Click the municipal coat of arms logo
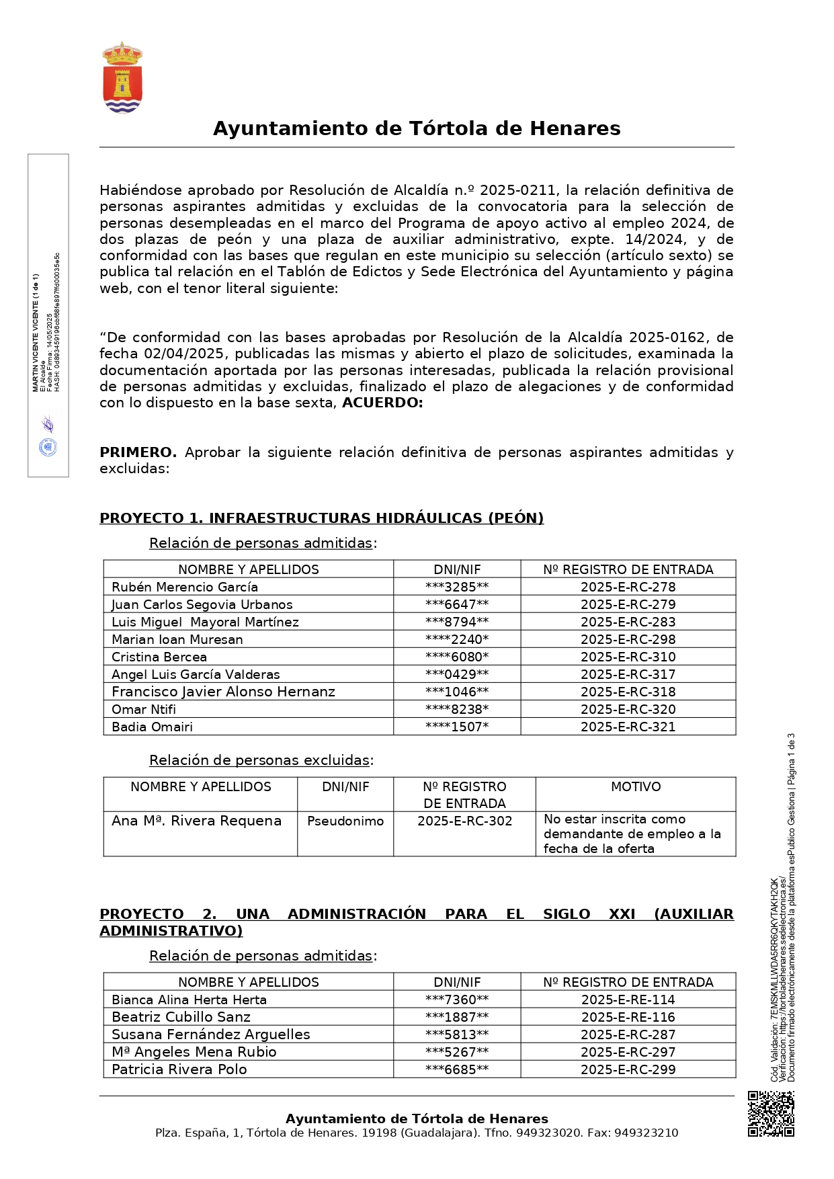pos(122,79)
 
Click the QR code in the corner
pos(771,1114)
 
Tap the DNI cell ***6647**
pos(457,604)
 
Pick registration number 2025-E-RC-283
pos(628,622)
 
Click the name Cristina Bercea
pos(159,657)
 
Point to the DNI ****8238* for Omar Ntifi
pos(457,709)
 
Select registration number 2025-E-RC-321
pos(628,727)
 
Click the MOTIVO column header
pos(636,786)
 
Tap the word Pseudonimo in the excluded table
pos(345,821)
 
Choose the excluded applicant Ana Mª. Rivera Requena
pos(196,821)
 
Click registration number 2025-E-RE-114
pos(628,1000)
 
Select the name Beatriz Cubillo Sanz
pos(181,1017)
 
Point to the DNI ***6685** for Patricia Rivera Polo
pos(457,1069)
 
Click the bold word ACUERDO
pos(382,403)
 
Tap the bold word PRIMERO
pos(138,452)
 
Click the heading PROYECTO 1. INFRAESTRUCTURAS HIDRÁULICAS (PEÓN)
pos(321,518)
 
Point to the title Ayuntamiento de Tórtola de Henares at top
pos(417,128)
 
